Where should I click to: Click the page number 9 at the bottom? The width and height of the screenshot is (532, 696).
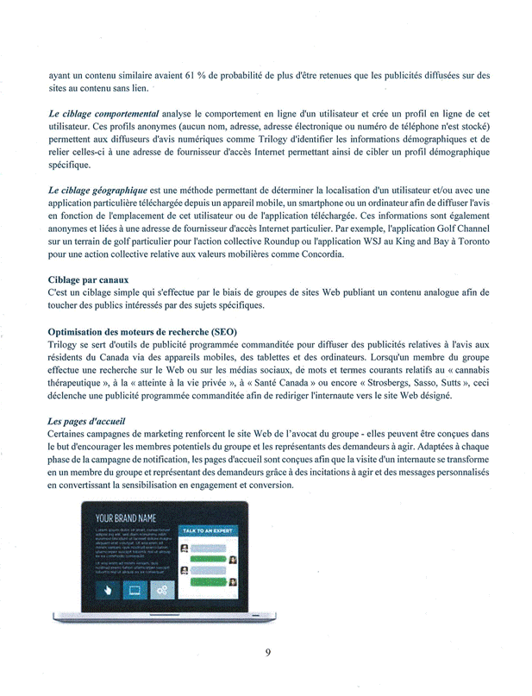268,652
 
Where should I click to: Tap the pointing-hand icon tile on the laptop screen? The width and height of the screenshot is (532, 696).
109,590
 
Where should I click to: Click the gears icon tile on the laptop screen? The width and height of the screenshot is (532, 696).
162,590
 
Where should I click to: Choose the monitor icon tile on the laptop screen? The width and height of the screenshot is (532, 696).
135,590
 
